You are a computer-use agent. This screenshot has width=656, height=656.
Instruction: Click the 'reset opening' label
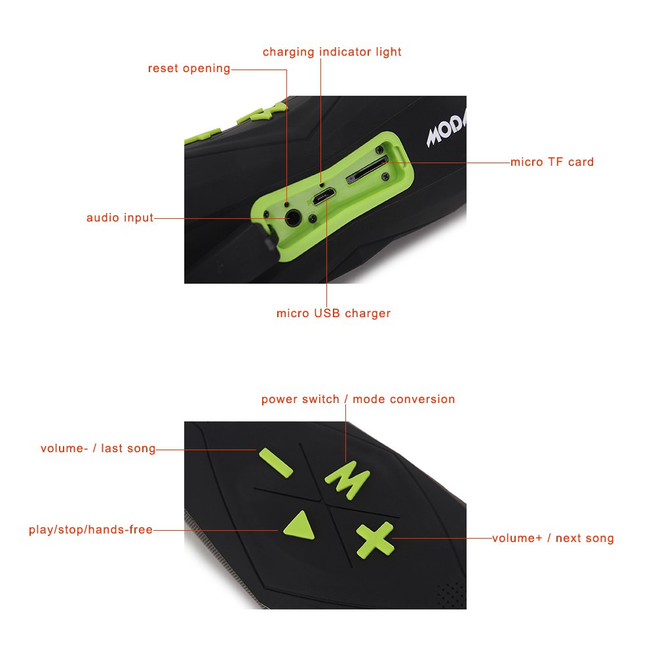click(189, 69)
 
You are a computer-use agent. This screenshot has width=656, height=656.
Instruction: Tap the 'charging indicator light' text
click(332, 52)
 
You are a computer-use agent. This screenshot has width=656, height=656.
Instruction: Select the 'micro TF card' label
click(552, 162)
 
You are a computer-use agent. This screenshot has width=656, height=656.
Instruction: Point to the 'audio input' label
click(120, 218)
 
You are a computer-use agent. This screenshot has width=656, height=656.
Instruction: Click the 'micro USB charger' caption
click(333, 313)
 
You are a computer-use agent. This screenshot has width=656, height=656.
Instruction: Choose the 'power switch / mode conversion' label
click(358, 399)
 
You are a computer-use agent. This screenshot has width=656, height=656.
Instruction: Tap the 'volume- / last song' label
click(98, 449)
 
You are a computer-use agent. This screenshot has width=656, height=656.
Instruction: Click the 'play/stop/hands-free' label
click(90, 530)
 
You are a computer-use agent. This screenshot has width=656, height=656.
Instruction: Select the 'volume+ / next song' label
click(552, 538)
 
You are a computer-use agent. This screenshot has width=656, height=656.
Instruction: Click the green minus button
click(276, 461)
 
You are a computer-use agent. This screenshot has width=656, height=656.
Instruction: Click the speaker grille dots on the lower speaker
click(448, 593)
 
